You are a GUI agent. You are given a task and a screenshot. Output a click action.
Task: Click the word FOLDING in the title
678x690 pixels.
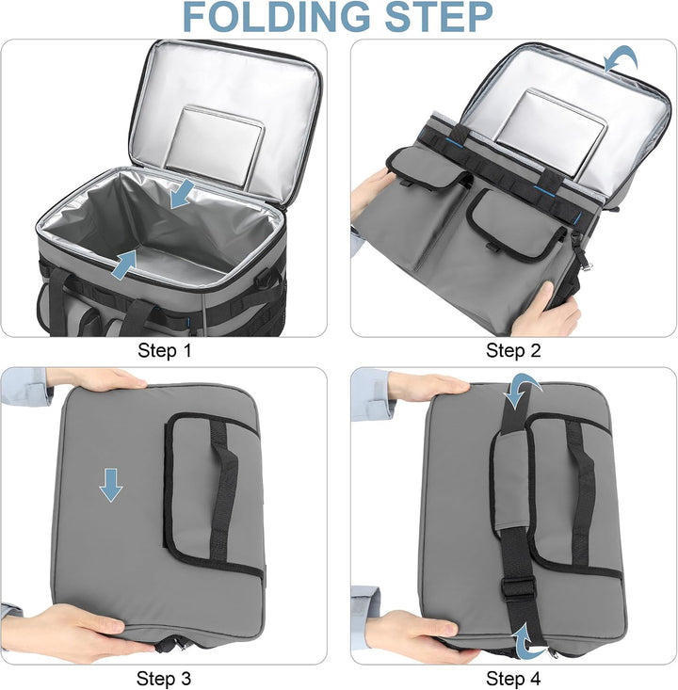click(276, 16)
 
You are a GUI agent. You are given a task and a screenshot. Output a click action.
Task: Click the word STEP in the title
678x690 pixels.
click(439, 16)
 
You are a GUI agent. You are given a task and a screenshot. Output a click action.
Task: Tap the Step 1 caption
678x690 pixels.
click(165, 351)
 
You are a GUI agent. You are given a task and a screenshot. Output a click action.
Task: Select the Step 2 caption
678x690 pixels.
click(513, 351)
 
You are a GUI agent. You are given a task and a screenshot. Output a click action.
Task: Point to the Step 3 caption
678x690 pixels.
click(164, 678)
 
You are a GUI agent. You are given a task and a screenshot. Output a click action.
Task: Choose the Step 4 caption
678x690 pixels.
click(513, 678)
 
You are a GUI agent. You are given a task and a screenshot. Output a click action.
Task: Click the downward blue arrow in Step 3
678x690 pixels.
click(111, 486)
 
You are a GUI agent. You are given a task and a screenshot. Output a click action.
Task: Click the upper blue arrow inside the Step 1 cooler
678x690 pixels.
click(183, 193)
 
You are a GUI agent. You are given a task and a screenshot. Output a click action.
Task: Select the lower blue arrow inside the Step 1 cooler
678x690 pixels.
click(124, 265)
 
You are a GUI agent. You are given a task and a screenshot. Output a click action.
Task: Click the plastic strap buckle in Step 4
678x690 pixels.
click(518, 588)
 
